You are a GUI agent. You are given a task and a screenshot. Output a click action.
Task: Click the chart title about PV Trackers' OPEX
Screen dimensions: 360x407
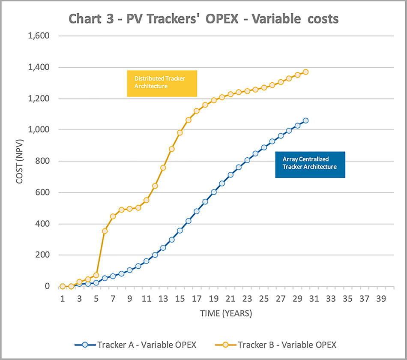pyautogui.click(x=203, y=19)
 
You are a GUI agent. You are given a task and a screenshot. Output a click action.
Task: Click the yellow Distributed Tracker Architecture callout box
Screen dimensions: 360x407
pyautogui.click(x=162, y=83)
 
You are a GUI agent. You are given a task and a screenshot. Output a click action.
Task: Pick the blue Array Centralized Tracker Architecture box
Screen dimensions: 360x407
pyautogui.click(x=310, y=164)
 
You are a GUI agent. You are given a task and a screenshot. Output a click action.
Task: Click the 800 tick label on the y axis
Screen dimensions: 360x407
pyautogui.click(x=42, y=161)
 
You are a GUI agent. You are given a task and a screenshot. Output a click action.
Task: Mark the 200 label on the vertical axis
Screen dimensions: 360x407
pyautogui.click(x=42, y=255)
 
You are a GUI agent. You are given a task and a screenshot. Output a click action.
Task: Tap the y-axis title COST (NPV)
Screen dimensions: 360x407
pyautogui.click(x=19, y=161)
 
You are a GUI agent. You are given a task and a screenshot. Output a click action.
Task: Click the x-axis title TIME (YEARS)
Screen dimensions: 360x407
pyautogui.click(x=226, y=314)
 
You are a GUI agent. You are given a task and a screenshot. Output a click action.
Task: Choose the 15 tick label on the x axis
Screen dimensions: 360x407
pyautogui.click(x=180, y=298)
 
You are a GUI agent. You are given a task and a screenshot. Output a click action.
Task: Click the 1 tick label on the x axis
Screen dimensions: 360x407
pyautogui.click(x=63, y=298)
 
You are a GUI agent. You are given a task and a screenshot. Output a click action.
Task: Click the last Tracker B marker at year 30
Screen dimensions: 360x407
pyautogui.click(x=305, y=72)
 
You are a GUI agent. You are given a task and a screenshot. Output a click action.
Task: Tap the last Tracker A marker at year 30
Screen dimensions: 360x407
pyautogui.click(x=305, y=121)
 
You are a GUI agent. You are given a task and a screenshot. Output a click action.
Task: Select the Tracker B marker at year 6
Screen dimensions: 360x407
pyautogui.click(x=105, y=231)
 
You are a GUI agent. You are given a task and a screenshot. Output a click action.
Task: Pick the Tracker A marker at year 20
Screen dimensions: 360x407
pyautogui.click(x=222, y=183)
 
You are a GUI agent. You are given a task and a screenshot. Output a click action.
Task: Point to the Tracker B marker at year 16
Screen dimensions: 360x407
pyautogui.click(x=188, y=120)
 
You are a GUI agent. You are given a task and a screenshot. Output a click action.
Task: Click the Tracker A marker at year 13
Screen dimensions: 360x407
pyautogui.click(x=163, y=248)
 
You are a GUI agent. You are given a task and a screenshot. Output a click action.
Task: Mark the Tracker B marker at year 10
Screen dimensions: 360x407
pyautogui.click(x=138, y=208)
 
